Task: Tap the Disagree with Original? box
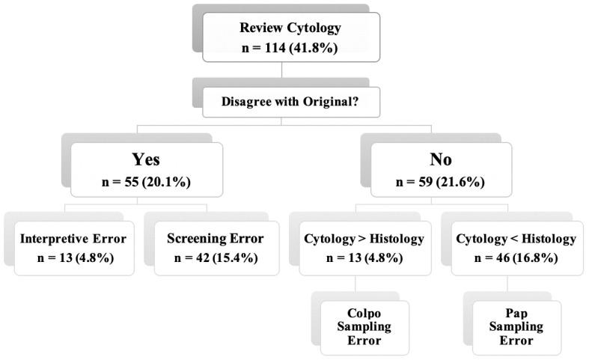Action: (x=291, y=103)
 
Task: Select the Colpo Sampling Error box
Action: (x=365, y=327)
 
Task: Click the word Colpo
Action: (x=365, y=314)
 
